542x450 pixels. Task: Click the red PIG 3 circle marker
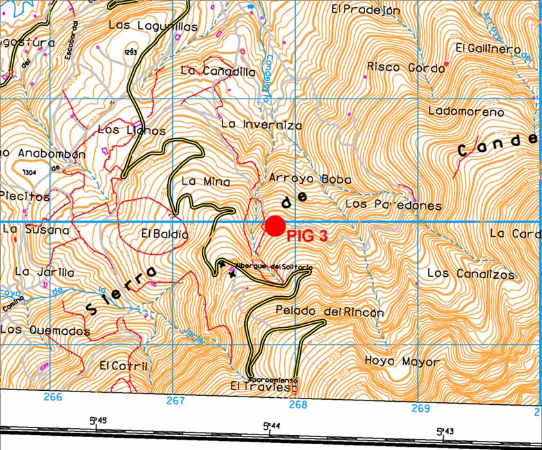coord(275,226)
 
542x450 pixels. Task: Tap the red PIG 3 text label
coord(307,236)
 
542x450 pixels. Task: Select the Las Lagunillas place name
coord(153,26)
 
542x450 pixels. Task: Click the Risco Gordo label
coord(406,67)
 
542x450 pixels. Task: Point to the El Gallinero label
coord(487,49)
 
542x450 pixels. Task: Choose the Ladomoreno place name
coord(466,112)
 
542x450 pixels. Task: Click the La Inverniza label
coord(261,124)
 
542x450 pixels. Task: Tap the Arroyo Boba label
coord(310,179)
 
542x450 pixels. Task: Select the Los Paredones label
coord(393,205)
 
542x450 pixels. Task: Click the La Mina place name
coord(205,182)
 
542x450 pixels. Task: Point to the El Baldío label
coord(165,234)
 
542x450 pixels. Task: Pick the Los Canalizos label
coord(471,274)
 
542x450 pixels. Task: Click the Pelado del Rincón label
coord(329,312)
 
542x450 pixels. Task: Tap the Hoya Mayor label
coord(402,361)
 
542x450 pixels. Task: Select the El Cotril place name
coord(124,366)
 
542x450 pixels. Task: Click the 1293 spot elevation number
coord(132,52)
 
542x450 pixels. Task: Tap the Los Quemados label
coord(45,330)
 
